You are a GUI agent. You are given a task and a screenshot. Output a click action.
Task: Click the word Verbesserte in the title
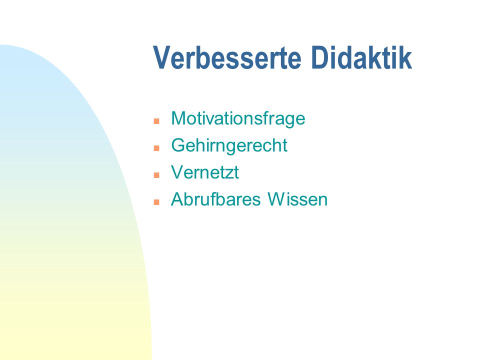click(227, 57)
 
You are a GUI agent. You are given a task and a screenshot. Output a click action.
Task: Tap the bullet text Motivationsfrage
click(238, 118)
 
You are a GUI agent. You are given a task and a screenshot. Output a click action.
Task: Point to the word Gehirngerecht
click(229, 145)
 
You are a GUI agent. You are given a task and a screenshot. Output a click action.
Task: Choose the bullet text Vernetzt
click(205, 172)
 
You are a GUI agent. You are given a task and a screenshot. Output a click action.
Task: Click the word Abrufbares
click(216, 199)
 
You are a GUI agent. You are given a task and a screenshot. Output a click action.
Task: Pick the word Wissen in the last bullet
click(297, 199)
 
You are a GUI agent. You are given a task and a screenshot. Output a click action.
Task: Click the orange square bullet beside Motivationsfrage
click(156, 121)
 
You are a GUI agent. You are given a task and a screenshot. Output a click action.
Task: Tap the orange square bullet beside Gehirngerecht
click(156, 148)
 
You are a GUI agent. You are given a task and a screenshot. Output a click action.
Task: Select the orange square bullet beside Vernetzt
click(156, 175)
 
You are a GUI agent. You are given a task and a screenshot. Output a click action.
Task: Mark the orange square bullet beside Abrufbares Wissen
click(156, 202)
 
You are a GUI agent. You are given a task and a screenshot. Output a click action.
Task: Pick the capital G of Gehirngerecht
click(178, 145)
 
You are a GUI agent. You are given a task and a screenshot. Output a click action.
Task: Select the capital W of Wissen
click(277, 199)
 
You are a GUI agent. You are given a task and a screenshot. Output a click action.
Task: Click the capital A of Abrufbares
click(177, 199)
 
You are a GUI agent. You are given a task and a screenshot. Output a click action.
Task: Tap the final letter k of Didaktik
click(406, 57)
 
